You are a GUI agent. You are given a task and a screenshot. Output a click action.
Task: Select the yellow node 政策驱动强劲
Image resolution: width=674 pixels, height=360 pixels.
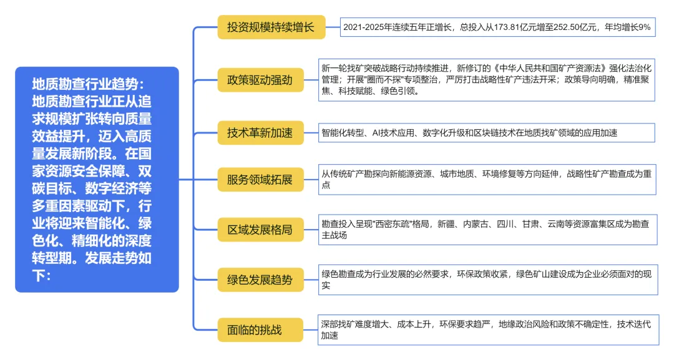(260, 79)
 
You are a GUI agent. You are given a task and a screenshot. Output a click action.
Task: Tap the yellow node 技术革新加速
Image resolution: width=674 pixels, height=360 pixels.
(260, 132)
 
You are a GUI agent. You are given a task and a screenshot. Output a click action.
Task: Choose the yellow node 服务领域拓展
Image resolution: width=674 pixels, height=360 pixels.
(260, 180)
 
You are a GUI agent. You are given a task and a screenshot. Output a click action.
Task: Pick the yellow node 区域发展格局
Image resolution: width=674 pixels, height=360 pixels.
(260, 230)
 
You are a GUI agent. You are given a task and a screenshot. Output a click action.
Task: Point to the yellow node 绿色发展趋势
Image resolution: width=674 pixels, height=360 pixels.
(260, 280)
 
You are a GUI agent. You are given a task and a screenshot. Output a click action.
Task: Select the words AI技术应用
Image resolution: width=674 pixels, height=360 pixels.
(394, 133)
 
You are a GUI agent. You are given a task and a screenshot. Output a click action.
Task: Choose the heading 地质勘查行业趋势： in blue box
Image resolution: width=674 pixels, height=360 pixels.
(88, 83)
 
